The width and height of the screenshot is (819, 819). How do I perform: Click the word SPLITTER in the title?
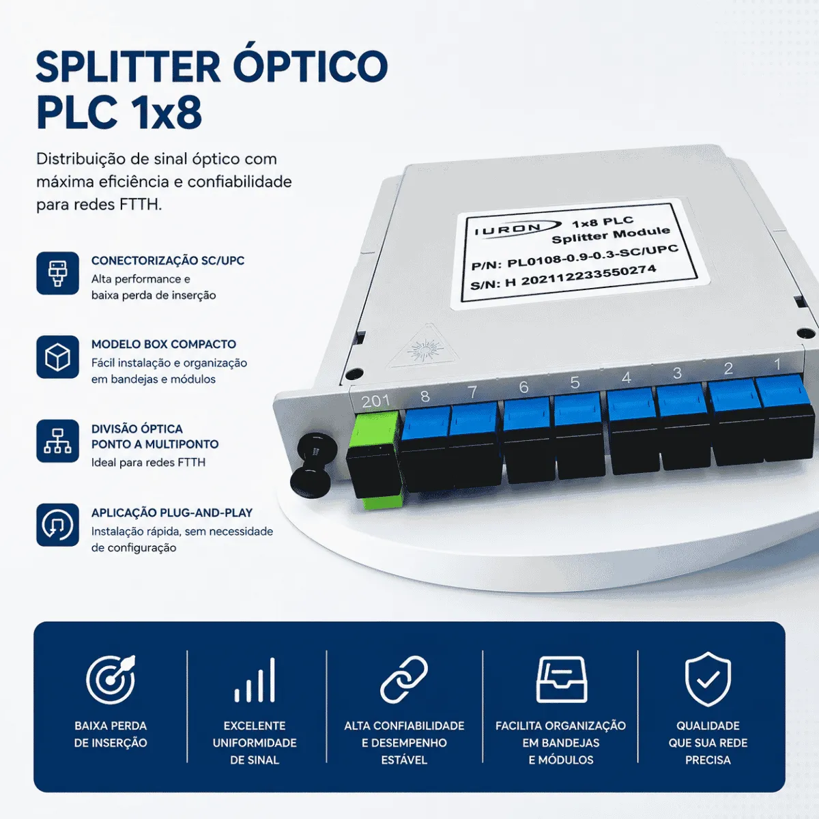[128, 67]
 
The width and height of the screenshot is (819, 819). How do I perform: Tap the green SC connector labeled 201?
[375, 459]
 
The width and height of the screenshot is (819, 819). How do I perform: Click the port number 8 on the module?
[425, 396]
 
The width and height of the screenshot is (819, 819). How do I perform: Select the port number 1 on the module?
[777, 364]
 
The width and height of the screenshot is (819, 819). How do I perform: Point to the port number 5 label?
[575, 382]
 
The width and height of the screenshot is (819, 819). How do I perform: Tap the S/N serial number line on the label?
[563, 278]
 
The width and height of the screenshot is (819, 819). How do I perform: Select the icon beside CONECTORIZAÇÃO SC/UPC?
[57, 273]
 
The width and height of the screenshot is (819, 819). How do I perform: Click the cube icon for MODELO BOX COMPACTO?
[57, 357]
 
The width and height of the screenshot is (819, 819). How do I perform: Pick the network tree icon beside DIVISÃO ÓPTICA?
[57, 441]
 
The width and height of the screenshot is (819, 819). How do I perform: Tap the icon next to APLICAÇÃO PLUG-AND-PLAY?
[57, 525]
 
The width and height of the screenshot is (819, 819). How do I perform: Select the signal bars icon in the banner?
[255, 680]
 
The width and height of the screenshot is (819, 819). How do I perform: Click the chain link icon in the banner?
[404, 680]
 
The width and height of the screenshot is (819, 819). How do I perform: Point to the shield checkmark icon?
[708, 679]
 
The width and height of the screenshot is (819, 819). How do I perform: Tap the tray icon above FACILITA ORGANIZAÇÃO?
[562, 679]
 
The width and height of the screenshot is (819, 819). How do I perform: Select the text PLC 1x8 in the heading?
[119, 113]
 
